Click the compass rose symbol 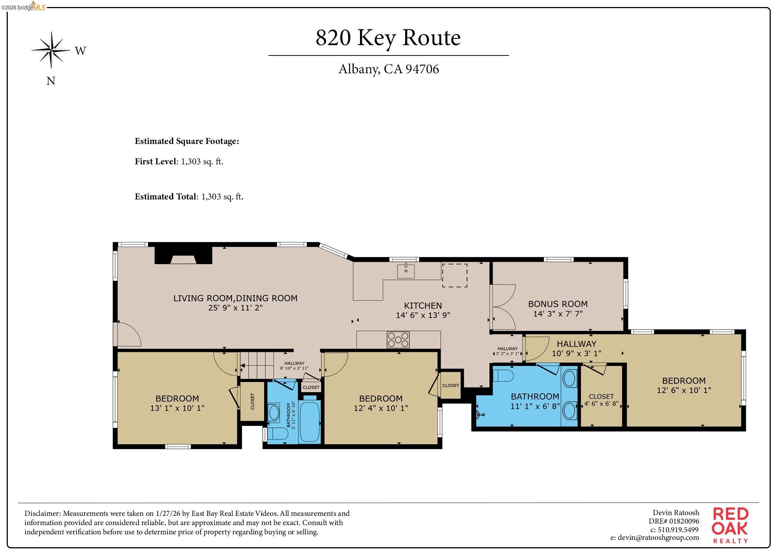click(x=51, y=50)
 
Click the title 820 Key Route click(x=388, y=37)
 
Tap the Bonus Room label click(x=558, y=304)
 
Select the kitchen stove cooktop click(x=398, y=340)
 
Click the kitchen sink click(x=406, y=271)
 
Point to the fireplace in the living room click(x=183, y=256)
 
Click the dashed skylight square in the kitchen click(x=454, y=275)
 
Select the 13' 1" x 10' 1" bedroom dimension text click(x=177, y=408)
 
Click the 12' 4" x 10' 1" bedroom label click(x=381, y=403)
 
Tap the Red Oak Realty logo click(x=730, y=525)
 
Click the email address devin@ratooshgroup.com click(x=655, y=538)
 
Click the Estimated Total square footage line click(x=189, y=196)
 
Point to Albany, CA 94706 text click(x=388, y=69)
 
